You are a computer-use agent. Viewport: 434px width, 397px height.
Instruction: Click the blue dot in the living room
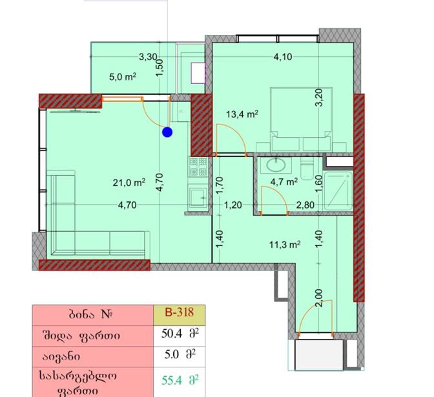(x=167, y=132)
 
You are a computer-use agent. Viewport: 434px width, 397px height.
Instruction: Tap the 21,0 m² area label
(x=129, y=183)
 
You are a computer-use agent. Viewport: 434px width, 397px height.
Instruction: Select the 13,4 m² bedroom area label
(x=242, y=114)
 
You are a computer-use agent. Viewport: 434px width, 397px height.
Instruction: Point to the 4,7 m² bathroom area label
(x=284, y=182)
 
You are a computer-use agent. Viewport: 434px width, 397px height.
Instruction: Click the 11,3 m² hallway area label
(x=285, y=245)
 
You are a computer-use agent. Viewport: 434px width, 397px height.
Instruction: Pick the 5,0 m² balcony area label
(x=123, y=77)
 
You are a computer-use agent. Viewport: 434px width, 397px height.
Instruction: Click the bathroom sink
(x=276, y=165)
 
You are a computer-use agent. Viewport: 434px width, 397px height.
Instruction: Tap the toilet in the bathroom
(x=307, y=169)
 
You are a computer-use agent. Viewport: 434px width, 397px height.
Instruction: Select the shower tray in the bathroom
(x=338, y=191)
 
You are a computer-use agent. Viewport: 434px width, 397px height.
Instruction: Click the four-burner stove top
(x=198, y=167)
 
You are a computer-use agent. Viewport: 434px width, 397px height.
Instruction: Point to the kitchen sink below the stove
(x=198, y=198)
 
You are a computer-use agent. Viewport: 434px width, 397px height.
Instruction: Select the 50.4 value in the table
(x=172, y=334)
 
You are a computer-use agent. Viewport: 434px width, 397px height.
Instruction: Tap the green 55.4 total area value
(x=172, y=381)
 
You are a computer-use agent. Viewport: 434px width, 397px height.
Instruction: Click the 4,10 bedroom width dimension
(x=283, y=57)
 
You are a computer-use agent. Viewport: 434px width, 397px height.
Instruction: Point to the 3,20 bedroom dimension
(x=319, y=97)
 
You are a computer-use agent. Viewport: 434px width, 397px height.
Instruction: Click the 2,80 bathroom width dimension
(x=305, y=205)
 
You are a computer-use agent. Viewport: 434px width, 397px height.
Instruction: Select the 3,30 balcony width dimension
(x=148, y=57)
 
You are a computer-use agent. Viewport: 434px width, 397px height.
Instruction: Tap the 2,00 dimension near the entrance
(x=319, y=298)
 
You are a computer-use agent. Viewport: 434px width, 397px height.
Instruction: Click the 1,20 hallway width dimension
(x=232, y=205)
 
